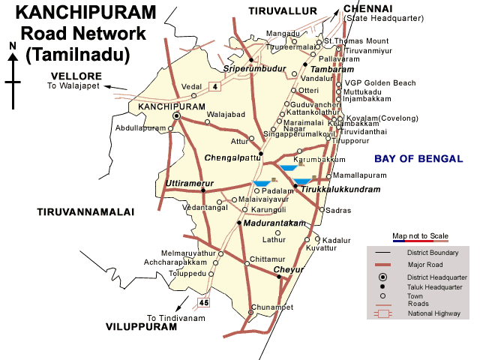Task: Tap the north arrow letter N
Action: click(x=13, y=46)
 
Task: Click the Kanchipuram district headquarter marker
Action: click(x=177, y=117)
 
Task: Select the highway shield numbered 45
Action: click(x=202, y=302)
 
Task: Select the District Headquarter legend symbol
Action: click(x=382, y=278)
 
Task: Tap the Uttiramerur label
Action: click(x=189, y=183)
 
